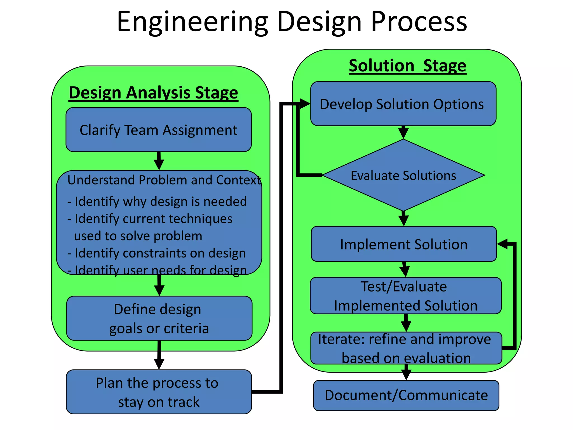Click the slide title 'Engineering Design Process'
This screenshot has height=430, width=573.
point(292,22)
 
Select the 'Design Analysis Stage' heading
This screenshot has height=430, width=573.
point(153,93)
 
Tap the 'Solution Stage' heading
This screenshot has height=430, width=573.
point(407,66)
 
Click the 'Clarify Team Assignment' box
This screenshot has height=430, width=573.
point(159,130)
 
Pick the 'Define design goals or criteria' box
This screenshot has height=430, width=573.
point(159,319)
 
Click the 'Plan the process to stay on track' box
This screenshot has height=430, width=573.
point(159,392)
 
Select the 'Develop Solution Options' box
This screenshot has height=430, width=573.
point(403,104)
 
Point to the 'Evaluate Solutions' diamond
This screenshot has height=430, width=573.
point(403,176)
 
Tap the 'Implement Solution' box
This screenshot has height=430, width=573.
point(404,244)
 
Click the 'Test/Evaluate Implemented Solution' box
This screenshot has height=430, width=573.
point(405,296)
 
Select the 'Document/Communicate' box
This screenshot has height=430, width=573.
point(406,396)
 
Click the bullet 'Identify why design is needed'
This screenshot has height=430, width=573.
point(157,202)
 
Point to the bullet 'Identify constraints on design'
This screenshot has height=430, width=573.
point(157,253)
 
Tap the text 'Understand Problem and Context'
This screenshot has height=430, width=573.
point(164,180)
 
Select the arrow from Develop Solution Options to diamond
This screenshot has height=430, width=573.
point(403,132)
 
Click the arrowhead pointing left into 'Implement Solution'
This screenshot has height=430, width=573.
point(503,244)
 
